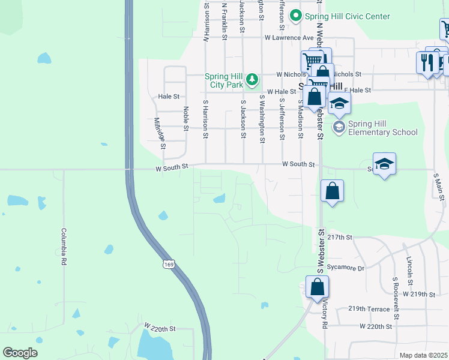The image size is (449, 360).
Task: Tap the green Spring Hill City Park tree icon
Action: click(253, 79)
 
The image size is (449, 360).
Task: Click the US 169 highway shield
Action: click(167, 263)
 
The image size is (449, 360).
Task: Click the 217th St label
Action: click(340, 238)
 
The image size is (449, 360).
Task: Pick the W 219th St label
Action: click(418, 294)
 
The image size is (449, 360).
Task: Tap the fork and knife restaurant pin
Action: click(427, 62)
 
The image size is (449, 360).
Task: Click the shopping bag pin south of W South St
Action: click(332, 191)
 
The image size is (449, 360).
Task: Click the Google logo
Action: click(20, 353)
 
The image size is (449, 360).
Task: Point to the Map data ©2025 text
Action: click(424, 355)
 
